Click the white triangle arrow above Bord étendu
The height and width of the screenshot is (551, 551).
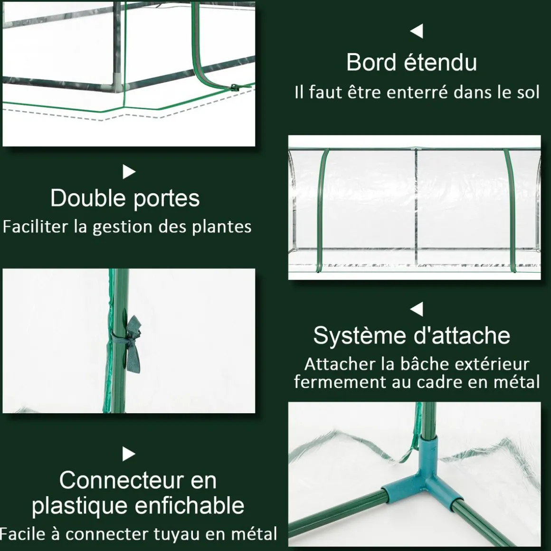coord(417,31)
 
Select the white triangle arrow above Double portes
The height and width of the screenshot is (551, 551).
coord(129,171)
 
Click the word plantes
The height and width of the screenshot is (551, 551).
coord(222,227)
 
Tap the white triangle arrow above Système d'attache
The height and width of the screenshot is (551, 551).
coord(417,309)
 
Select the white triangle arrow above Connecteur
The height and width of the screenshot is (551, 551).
coord(129,454)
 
